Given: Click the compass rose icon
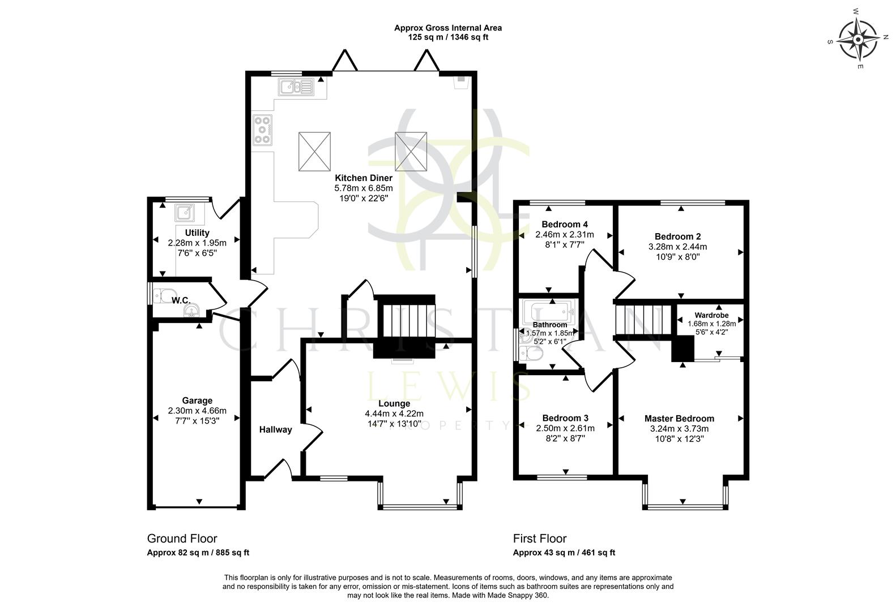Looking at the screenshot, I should pos(858,40).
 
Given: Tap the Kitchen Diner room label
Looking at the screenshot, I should pos(363,178).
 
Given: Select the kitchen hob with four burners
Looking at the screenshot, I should pos(262,130).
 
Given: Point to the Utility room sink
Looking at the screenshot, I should pos(185,213).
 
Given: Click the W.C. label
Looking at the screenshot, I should pos(181,300).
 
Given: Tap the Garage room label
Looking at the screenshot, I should pos(197,401).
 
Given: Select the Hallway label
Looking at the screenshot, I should pos(275,429).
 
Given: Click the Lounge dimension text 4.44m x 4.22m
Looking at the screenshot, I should pos(394,414).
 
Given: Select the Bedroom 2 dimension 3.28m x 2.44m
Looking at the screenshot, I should pos(677,247).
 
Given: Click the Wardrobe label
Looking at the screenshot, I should pos(711,315).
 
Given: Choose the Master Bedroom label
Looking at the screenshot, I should pos(679,419).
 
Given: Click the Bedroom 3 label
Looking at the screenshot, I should pos(565,418).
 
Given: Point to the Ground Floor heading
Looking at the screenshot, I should pos(182,539).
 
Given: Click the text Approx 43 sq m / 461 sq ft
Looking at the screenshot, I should pos(564,553).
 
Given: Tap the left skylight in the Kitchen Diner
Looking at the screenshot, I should pos(314,150).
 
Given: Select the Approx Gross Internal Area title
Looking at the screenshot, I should pos(447,28).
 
